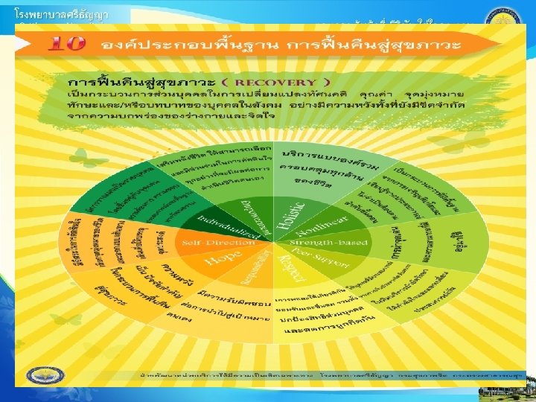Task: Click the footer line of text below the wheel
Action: click(328, 375)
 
